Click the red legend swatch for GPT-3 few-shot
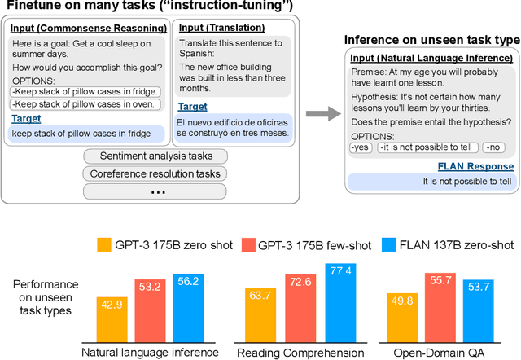[244, 243]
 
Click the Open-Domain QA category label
[449, 352]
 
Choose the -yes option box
[360, 147]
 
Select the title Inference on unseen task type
[431, 40]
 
